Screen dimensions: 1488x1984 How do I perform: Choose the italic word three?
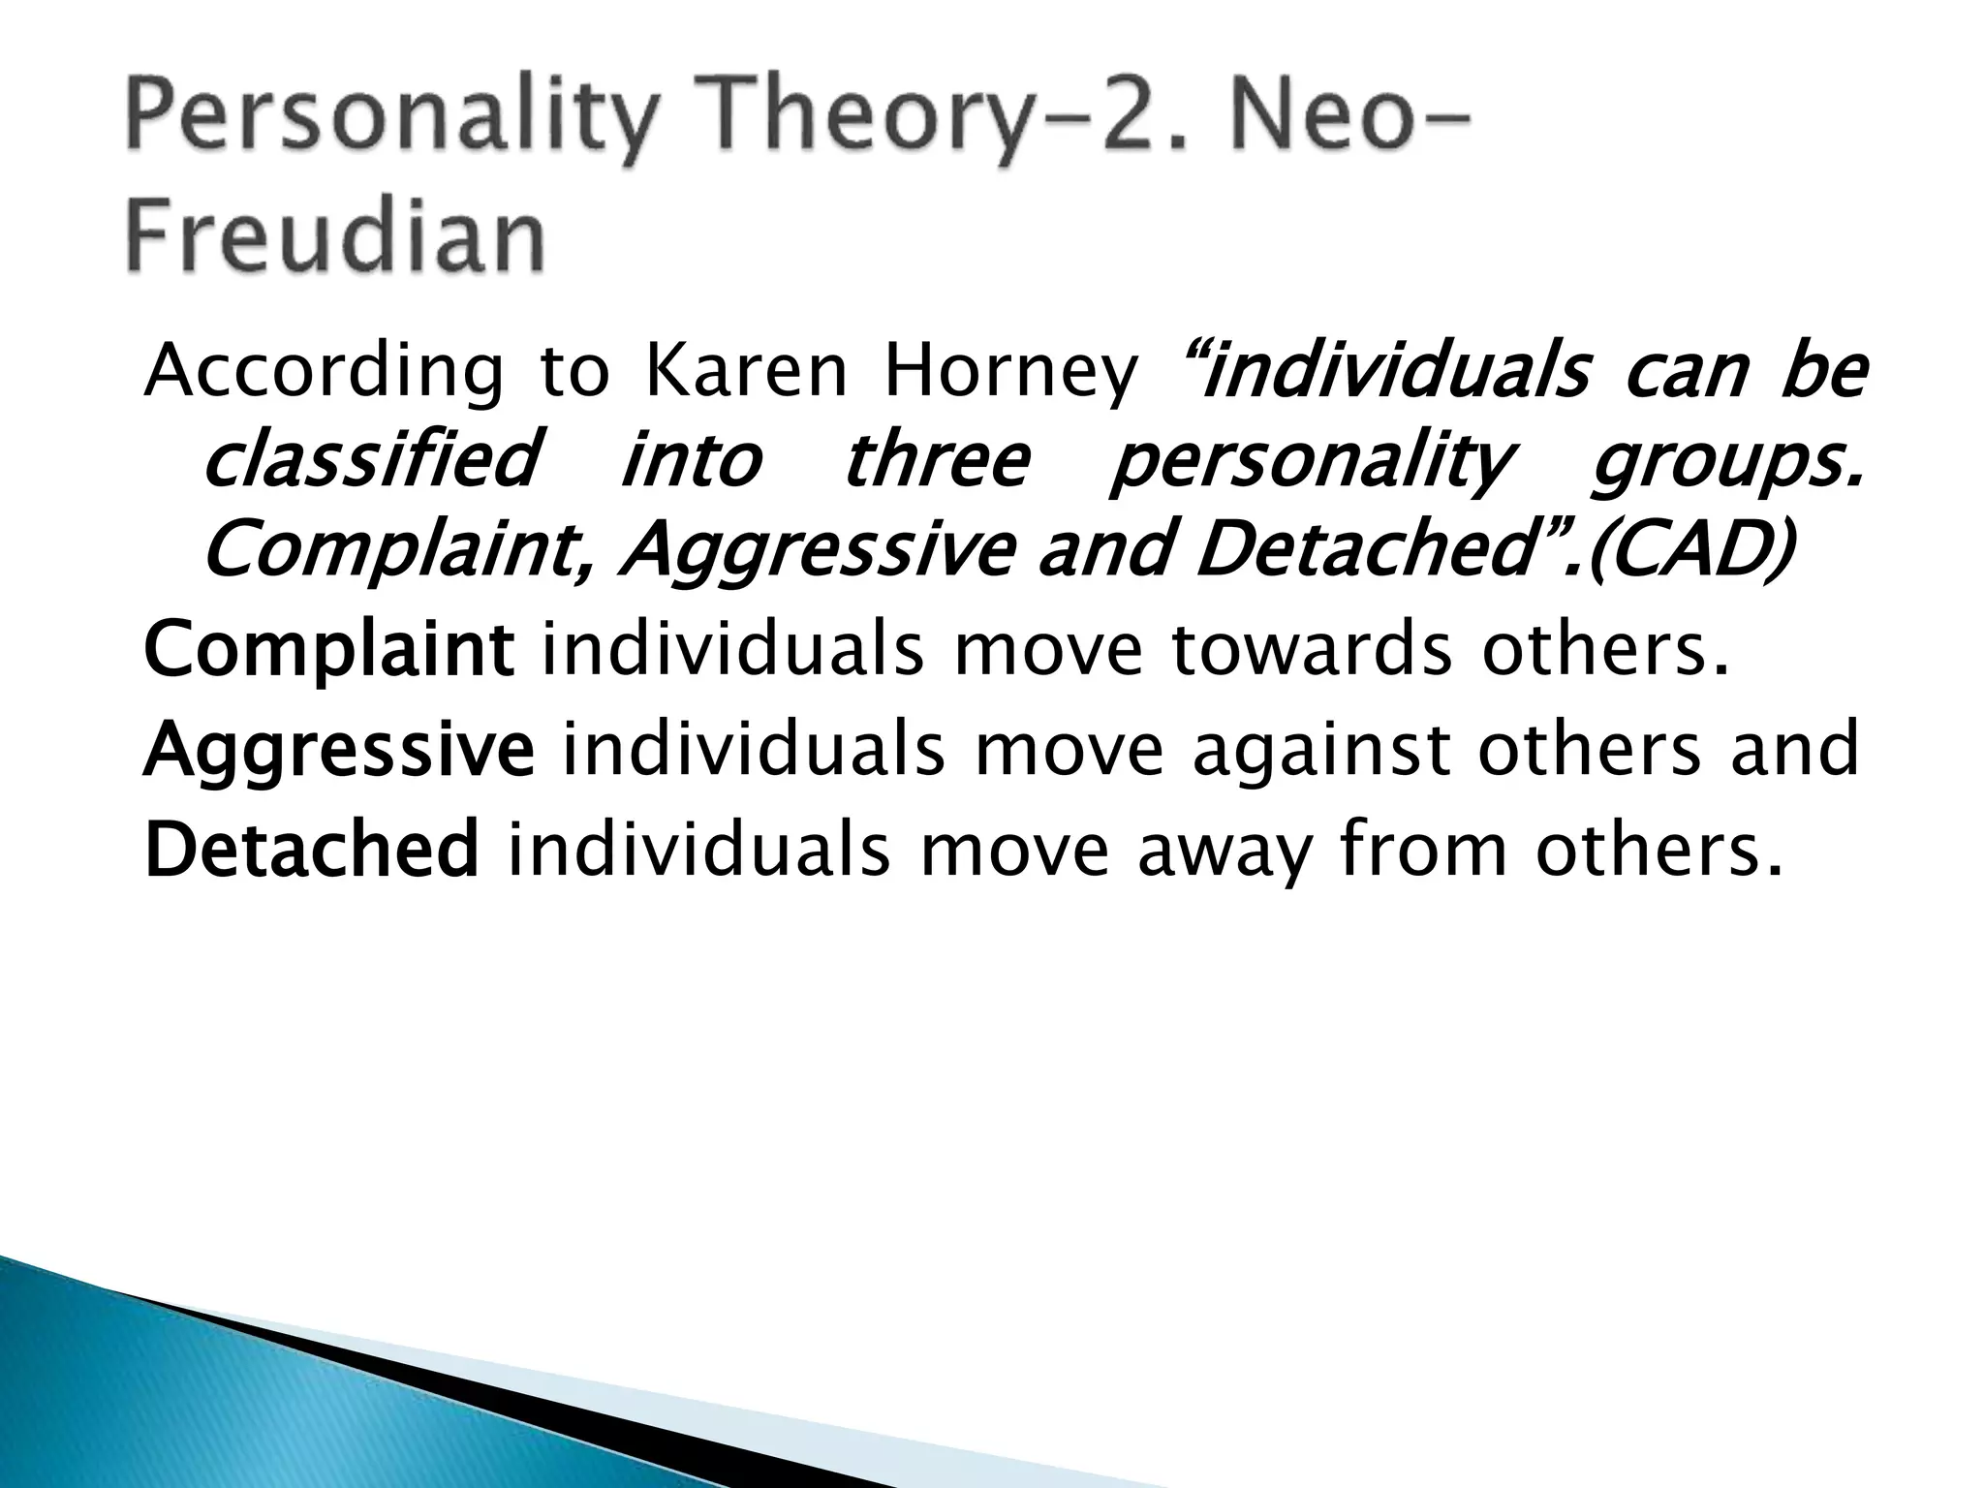(936, 461)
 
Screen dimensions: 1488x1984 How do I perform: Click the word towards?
(1312, 650)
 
